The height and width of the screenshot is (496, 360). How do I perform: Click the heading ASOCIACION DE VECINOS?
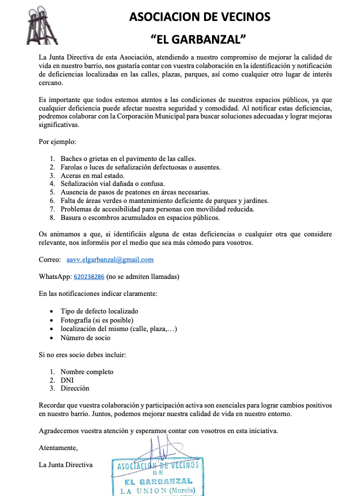coord(200,17)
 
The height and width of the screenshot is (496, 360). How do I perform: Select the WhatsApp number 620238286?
coord(88,277)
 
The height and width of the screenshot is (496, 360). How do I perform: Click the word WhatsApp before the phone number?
coord(55,277)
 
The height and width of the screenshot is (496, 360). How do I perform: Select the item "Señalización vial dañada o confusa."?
coord(112,184)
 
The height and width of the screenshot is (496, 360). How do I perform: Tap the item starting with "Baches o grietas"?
coord(128,159)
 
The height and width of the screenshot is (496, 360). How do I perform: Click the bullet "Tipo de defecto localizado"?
coord(99,311)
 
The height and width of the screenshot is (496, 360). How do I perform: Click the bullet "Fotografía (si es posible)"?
coord(99,320)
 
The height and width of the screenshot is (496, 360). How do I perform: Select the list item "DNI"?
coord(67,380)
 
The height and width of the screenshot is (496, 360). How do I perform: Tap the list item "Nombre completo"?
coord(87,372)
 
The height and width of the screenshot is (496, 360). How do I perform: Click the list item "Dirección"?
coord(75,389)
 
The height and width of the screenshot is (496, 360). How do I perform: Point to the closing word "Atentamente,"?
coord(58,448)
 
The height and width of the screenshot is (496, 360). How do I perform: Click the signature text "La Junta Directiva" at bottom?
coord(65,465)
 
